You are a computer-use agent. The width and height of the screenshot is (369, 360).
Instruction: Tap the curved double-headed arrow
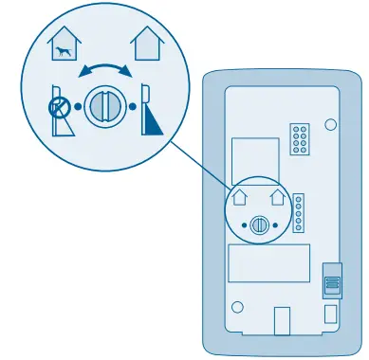tap(104, 71)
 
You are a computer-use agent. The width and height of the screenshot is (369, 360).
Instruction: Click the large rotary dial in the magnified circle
tap(103, 105)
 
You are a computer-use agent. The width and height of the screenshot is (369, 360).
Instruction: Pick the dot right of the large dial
tap(131, 106)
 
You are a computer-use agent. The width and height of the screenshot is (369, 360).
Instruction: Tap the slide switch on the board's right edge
tap(331, 282)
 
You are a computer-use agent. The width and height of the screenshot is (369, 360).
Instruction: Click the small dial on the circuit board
tap(261, 225)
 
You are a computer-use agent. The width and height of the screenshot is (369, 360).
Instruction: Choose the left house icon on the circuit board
tap(240, 198)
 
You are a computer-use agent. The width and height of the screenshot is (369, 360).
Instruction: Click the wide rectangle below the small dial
tap(269, 263)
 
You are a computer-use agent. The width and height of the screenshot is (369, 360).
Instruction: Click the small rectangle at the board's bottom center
tap(282, 319)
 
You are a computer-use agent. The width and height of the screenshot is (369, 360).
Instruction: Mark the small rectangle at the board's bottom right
tap(330, 314)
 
